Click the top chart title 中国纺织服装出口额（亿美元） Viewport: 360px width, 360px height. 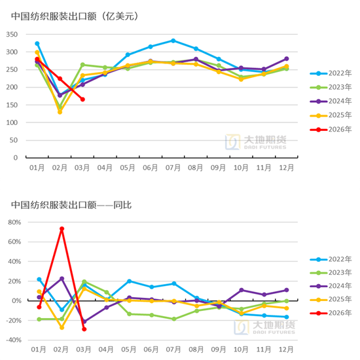coord(79,15)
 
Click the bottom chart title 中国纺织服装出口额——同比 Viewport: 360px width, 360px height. coord(71,205)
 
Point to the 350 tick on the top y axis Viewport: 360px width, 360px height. coord(12,33)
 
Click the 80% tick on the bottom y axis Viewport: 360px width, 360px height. coord(14,222)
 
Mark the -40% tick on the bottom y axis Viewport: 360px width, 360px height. coord(12,340)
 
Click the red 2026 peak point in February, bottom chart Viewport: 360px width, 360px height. coord(62,229)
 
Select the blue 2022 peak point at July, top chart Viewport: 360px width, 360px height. coord(173,41)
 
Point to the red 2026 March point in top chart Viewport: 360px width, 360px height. coord(82,99)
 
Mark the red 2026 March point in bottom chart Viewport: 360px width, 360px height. coord(84,329)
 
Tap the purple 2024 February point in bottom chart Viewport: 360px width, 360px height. coord(62,279)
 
